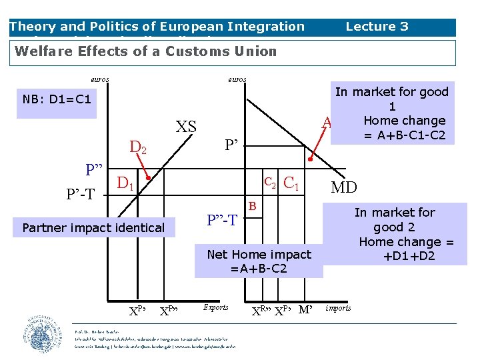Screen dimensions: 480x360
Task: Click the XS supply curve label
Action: click(187, 126)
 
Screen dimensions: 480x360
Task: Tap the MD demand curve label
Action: click(344, 187)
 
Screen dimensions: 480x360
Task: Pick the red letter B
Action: click(253, 207)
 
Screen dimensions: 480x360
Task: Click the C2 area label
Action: click(270, 181)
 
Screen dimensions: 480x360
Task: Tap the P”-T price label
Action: click(222, 220)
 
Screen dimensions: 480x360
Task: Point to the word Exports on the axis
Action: click(215, 307)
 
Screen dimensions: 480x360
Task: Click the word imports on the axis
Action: click(337, 308)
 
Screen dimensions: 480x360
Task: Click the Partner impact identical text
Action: click(93, 228)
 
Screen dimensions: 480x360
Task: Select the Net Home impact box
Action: click(259, 261)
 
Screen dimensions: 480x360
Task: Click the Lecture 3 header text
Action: click(377, 27)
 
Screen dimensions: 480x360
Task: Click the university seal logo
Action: click(43, 334)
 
